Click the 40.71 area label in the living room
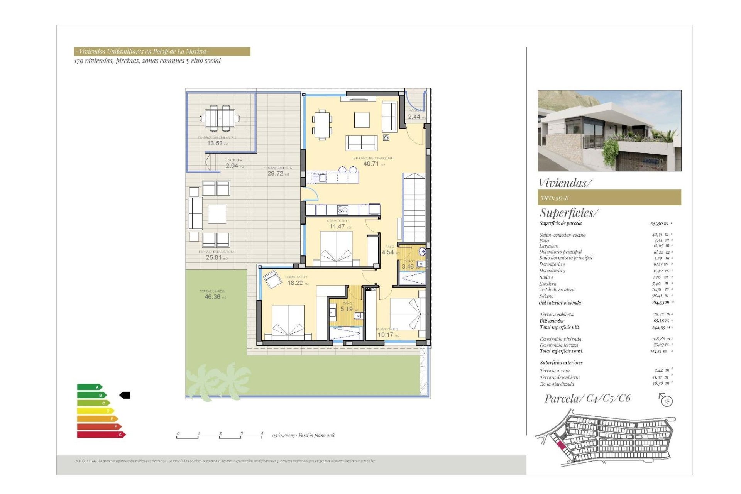371,164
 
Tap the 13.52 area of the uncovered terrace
215,143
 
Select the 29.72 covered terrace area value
276,174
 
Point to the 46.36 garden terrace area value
213,297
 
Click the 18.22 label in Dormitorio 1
295,283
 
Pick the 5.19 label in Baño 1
347,309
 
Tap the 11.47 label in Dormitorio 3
337,227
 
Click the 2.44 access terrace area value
414,117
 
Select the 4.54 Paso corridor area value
388,252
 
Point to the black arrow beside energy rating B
125,395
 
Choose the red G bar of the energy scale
101,435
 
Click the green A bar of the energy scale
89,387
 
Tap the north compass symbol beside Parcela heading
666,400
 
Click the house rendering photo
609,130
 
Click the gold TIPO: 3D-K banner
609,198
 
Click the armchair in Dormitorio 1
272,279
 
